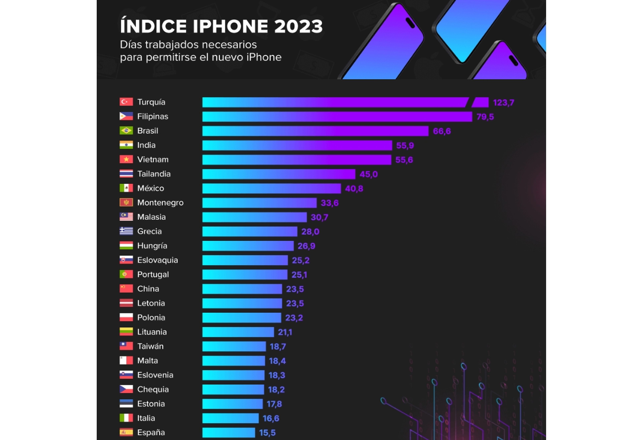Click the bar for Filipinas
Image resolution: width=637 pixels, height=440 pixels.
[337, 117]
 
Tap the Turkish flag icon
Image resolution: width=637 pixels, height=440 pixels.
[126, 102]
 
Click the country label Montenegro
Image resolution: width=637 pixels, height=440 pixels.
[160, 203]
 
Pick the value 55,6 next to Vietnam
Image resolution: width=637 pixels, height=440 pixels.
[404, 160]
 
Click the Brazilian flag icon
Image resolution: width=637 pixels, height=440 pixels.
[126, 130]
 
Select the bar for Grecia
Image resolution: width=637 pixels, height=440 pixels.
[250, 232]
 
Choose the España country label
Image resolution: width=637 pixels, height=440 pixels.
[151, 432]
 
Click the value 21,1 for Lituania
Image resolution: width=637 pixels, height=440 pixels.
[285, 332]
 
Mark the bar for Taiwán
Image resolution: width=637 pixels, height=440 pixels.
[234, 346]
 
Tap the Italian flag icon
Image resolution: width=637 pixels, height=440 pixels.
[126, 418]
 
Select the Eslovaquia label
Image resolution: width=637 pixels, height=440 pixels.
[158, 260]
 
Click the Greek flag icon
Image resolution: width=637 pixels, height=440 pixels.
[126, 231]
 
